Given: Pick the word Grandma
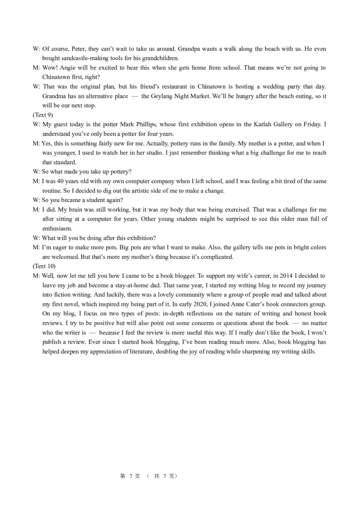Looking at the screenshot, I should coord(54,96).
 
